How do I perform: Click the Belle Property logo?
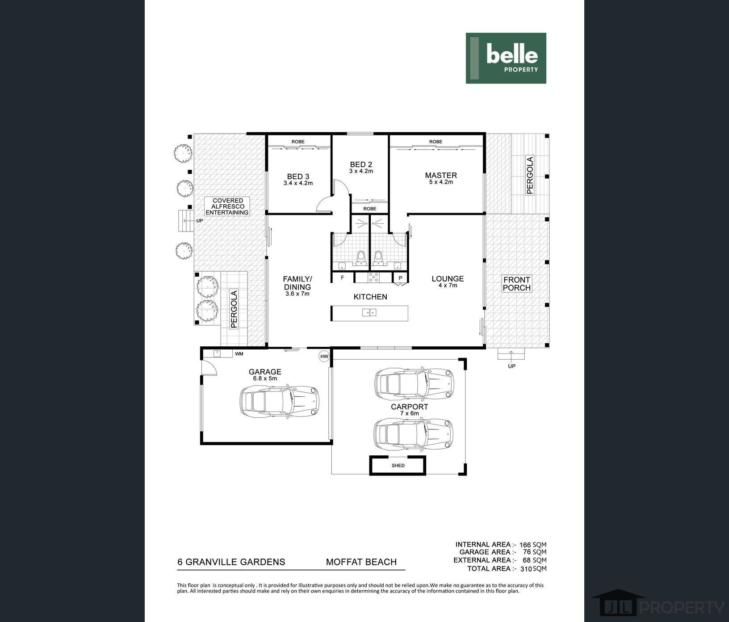point(506,58)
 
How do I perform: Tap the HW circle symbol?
point(324,357)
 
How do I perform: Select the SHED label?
point(398,466)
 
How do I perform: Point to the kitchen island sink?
point(369,312)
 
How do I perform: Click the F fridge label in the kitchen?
point(343,277)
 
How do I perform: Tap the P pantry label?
point(400,278)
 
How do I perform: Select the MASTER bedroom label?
point(441,175)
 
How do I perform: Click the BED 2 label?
point(361,164)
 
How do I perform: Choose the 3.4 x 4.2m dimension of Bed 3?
point(298,183)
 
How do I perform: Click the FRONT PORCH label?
point(517,284)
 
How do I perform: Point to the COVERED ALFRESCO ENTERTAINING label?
point(228,206)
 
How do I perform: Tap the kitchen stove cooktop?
point(373,277)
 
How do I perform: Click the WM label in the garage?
point(239,354)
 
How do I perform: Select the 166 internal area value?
point(525,545)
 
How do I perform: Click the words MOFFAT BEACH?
point(361,562)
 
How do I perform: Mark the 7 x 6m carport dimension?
point(409,413)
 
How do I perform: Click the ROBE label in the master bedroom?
point(436,142)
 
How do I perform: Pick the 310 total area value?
point(526,569)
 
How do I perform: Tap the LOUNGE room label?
point(448,278)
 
